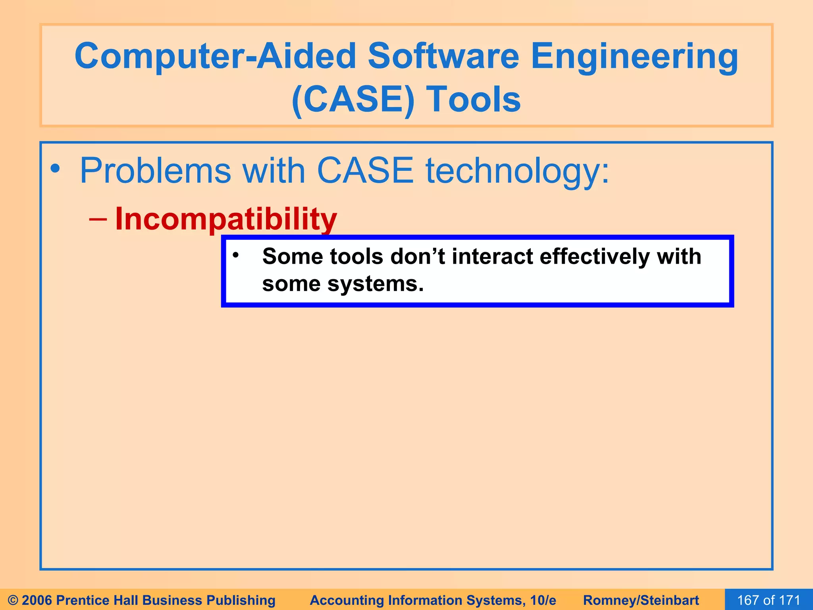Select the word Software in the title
[443, 56]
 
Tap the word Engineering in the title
[634, 56]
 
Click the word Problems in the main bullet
[155, 171]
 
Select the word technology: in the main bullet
[517, 171]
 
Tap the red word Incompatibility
[226, 219]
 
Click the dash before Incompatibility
[98, 219]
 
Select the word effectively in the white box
[594, 257]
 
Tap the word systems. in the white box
[376, 284]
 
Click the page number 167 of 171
[769, 600]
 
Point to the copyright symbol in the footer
[13, 600]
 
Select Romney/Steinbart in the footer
[641, 600]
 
